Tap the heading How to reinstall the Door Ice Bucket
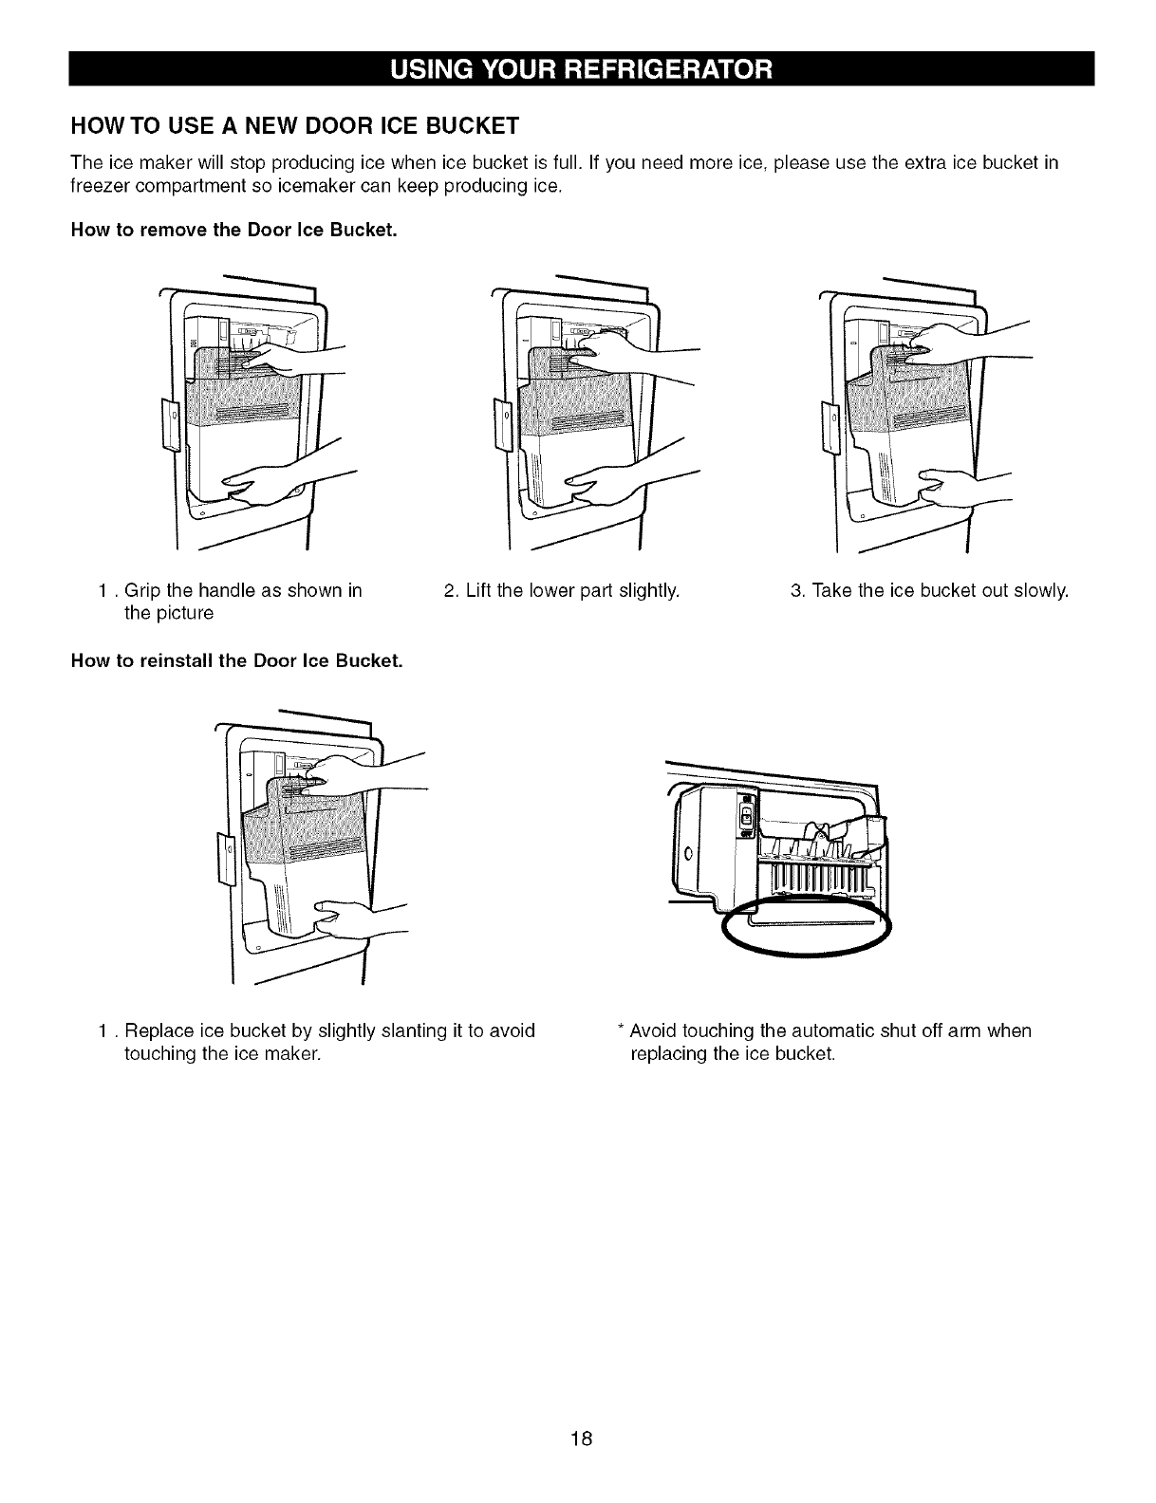[236, 660]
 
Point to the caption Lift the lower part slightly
[562, 591]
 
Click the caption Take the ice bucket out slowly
[929, 591]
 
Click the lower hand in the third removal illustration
[952, 486]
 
